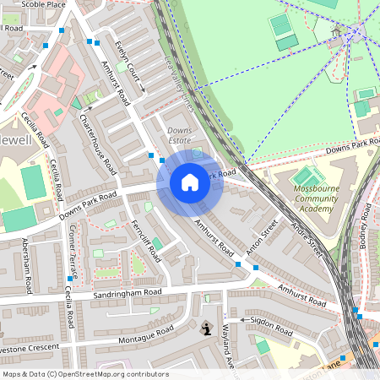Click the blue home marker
(189, 182)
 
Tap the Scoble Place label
(44, 4)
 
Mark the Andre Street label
(306, 242)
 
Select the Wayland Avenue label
(226, 345)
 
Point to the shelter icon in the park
(336, 33)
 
